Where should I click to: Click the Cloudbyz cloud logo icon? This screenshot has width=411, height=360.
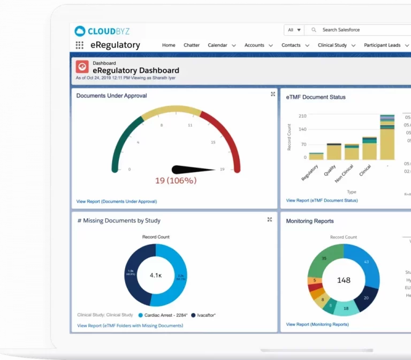(x=80, y=31)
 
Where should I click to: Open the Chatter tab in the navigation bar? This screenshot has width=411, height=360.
(x=192, y=45)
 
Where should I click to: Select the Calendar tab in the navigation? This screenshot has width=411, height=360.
(x=217, y=45)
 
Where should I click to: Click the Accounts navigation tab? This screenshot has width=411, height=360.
(x=254, y=45)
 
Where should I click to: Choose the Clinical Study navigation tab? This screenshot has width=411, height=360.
(x=332, y=45)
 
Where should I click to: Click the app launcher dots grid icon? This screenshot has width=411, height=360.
(x=80, y=45)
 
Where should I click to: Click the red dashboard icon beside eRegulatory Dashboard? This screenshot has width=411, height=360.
(x=82, y=66)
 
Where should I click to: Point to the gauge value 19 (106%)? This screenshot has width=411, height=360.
(x=176, y=181)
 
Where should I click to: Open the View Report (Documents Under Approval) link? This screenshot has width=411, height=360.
(x=117, y=202)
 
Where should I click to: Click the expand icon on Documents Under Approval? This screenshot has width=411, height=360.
(x=273, y=94)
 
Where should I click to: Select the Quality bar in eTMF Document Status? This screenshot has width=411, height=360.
(x=334, y=152)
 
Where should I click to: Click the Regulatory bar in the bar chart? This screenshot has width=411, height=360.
(x=316, y=156)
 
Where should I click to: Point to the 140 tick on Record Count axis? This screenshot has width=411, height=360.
(x=303, y=129)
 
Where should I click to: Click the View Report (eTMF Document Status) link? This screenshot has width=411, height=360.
(x=322, y=201)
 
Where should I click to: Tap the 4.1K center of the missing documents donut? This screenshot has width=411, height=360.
(x=156, y=275)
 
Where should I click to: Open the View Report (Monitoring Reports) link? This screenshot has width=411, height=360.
(x=317, y=324)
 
